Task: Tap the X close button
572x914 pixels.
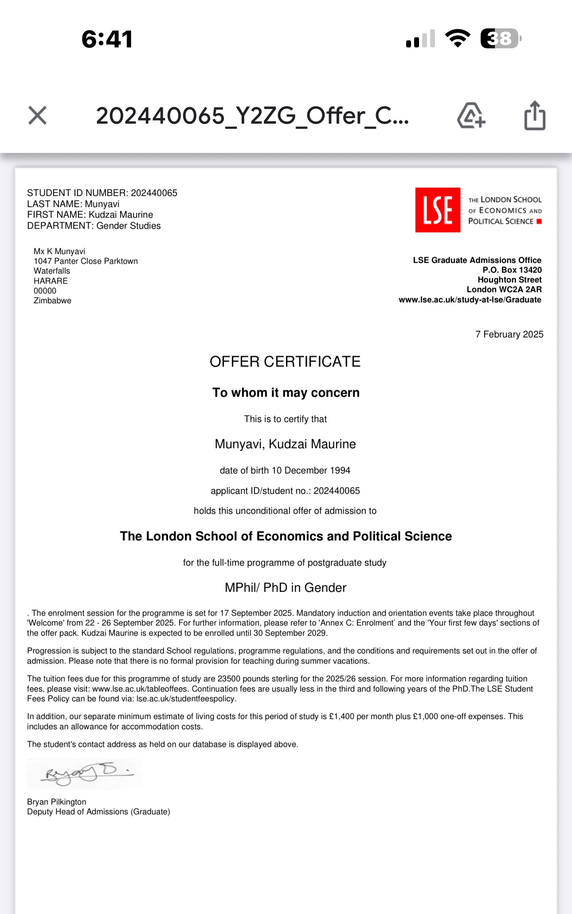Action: point(37,115)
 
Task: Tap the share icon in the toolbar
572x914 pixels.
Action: point(535,116)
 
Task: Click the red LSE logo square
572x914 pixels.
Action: point(438,210)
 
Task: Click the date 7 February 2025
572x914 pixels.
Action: point(509,334)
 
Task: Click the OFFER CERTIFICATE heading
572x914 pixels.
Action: point(285,362)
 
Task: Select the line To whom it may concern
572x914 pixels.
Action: point(286,393)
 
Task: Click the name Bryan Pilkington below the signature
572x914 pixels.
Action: point(57,802)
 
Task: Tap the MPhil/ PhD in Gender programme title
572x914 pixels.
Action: point(285,588)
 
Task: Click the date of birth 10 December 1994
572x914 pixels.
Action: point(285,470)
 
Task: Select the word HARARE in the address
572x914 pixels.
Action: point(51,281)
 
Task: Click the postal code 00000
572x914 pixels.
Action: point(45,291)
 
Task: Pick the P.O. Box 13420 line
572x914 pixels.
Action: point(512,270)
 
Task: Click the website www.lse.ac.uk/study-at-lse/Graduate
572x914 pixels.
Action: point(470,300)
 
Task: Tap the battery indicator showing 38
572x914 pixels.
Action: point(501,39)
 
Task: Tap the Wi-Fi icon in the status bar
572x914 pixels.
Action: point(458,39)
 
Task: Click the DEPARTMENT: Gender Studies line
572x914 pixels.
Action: point(94,226)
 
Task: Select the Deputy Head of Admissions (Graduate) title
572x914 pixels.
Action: point(98,812)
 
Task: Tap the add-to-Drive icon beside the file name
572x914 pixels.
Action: point(470,116)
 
